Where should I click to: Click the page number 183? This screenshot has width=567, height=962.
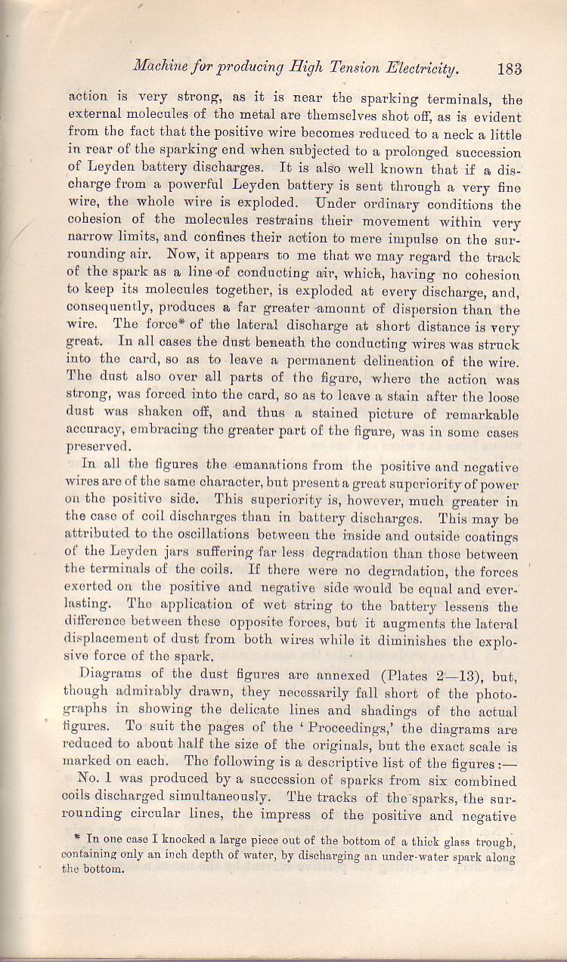pos(510,69)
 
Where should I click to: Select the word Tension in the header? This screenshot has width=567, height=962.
pos(353,68)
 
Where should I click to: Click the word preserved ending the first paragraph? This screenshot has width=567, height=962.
pos(97,446)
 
